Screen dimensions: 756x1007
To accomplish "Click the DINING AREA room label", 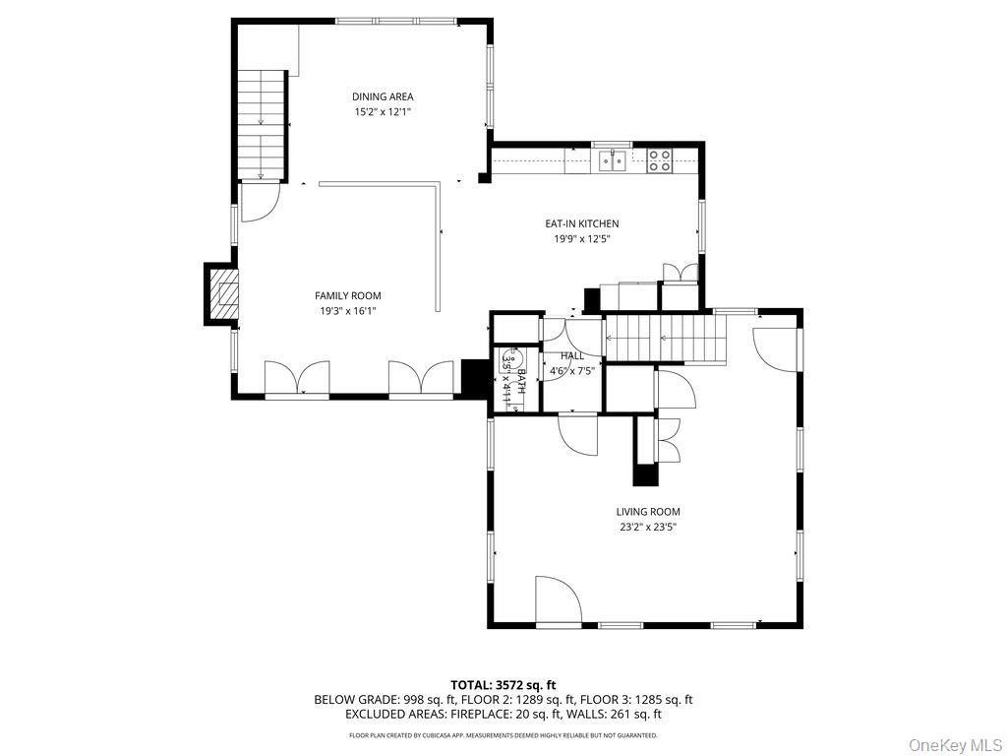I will point(383,96).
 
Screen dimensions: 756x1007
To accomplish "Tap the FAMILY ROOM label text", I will point(347,295).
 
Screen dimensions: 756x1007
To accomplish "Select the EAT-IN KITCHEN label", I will point(582,223).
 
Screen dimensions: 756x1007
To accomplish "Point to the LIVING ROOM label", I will point(647,512).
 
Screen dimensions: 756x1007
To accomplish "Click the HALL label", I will point(571,355).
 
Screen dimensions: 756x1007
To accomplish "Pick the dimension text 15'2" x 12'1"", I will point(383,112).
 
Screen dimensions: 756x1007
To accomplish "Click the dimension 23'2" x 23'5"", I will point(647,527).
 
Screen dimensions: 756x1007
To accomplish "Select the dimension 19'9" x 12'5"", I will point(582,238).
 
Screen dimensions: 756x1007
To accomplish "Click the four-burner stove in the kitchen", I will point(660,159).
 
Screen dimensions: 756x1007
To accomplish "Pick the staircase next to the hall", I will point(663,339).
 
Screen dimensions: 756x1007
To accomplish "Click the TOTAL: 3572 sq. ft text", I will point(503,684).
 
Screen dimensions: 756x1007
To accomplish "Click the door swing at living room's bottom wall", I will point(557,600).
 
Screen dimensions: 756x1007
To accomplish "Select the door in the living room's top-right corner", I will point(776,341).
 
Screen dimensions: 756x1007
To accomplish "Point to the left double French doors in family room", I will point(297,378).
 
